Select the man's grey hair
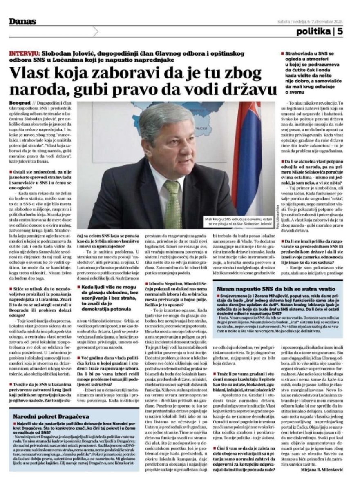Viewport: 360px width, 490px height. coord(163,116)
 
